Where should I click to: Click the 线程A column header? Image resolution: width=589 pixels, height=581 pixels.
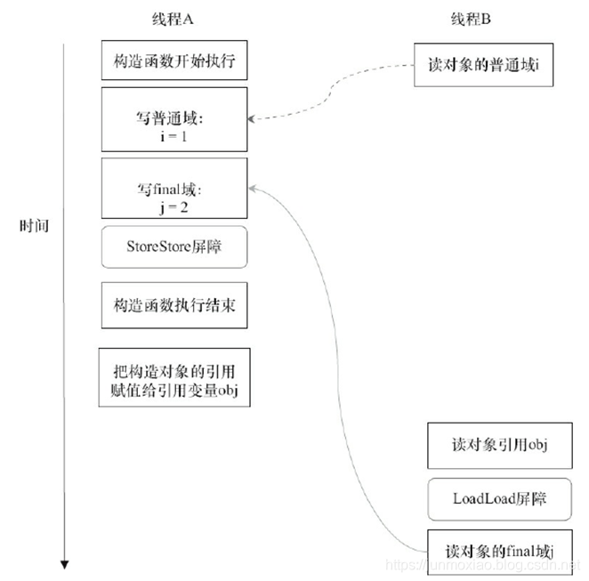(x=173, y=20)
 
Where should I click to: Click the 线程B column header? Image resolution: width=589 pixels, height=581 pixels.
(x=472, y=20)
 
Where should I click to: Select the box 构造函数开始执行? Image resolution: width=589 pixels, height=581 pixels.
(x=173, y=62)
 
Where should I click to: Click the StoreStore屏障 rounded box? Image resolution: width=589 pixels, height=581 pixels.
(x=173, y=248)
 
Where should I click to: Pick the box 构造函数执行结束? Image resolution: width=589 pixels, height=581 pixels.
(x=173, y=304)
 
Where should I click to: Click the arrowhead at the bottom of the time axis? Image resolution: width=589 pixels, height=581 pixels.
(x=64, y=562)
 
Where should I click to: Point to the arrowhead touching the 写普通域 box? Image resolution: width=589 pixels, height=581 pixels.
(x=252, y=118)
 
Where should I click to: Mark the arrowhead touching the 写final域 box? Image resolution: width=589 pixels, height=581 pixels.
(x=252, y=188)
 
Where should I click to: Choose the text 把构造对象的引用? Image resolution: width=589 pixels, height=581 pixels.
(x=174, y=368)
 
